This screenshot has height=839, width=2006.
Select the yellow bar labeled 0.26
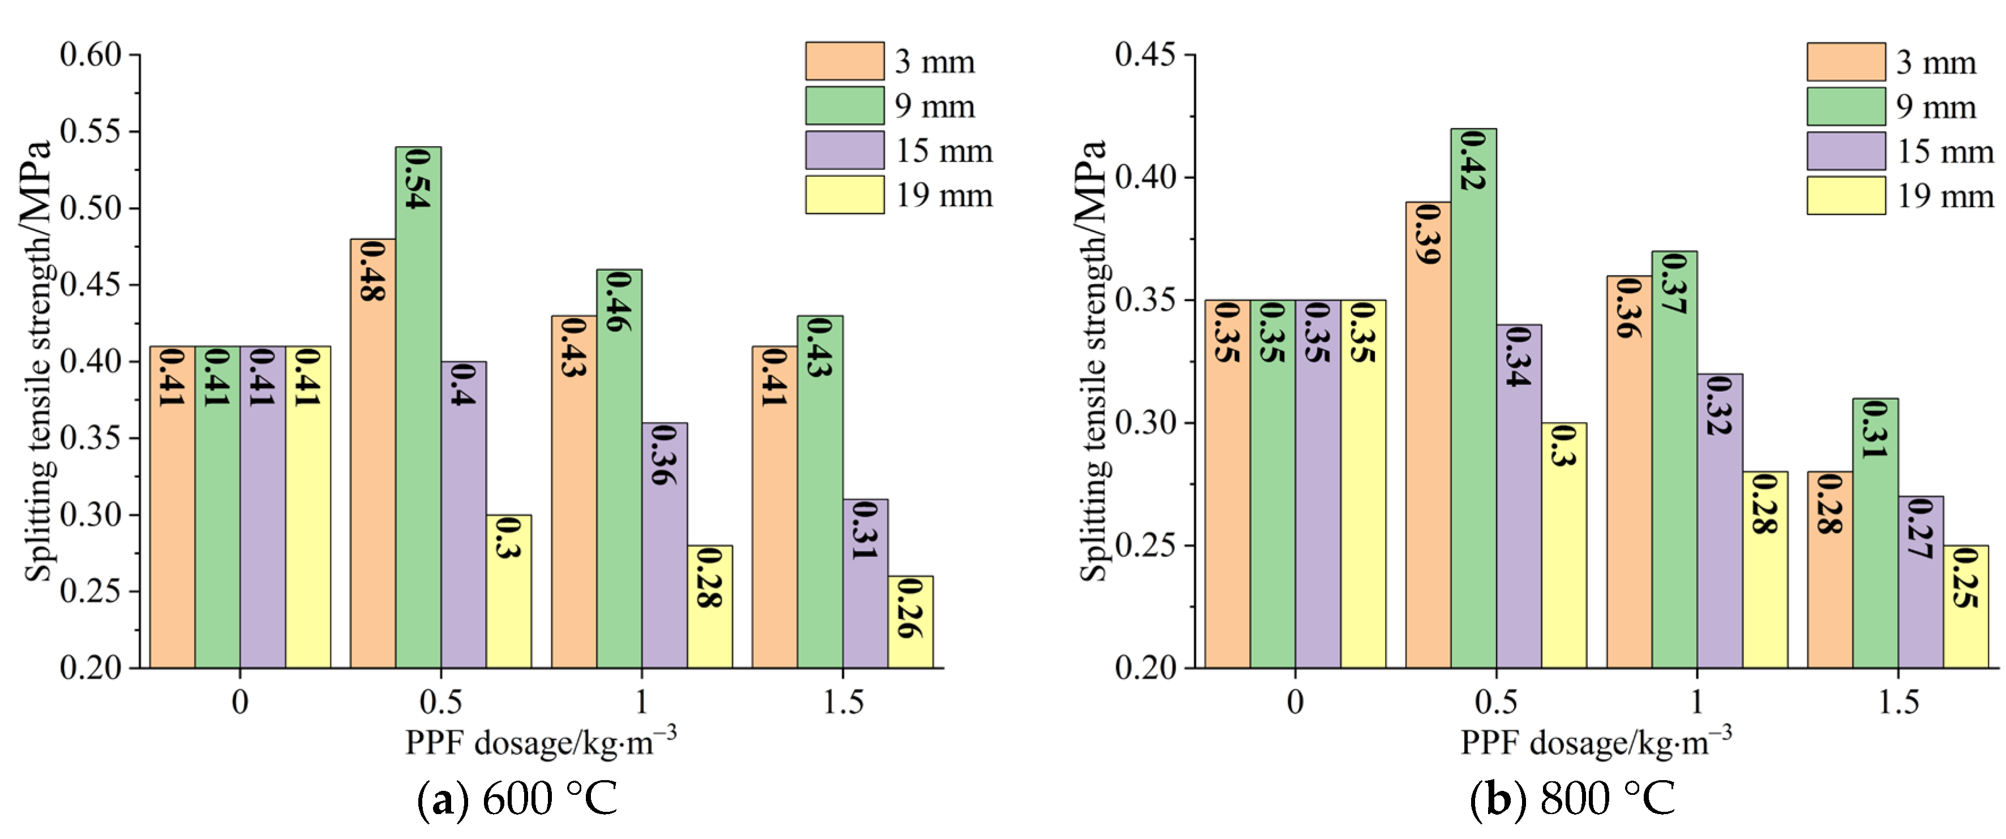point(910,623)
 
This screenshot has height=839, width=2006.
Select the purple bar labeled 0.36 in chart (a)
point(665,545)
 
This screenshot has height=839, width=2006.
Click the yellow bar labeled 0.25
point(1965,607)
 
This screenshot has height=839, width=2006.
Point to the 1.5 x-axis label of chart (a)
point(843,703)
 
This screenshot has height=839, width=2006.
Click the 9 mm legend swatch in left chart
point(844,106)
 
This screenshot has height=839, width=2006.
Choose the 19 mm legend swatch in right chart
point(1846,195)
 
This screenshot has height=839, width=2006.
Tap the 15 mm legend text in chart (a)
point(944,151)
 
